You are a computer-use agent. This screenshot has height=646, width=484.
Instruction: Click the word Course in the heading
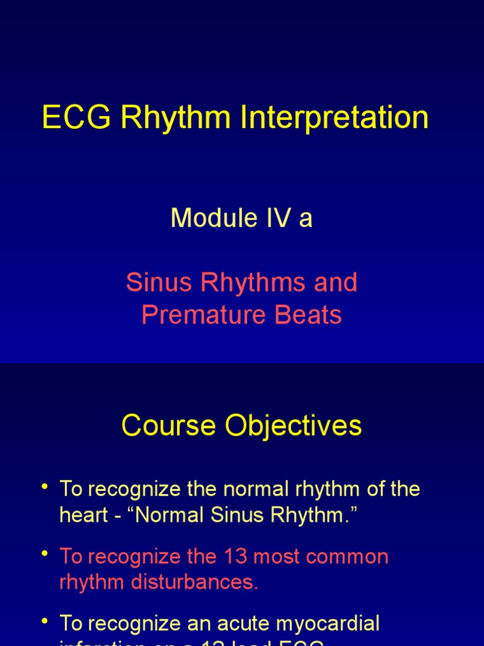(162, 426)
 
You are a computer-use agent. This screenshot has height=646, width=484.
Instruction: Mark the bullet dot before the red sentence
(45, 553)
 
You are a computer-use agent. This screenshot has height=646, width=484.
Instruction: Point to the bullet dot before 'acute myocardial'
(45, 621)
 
